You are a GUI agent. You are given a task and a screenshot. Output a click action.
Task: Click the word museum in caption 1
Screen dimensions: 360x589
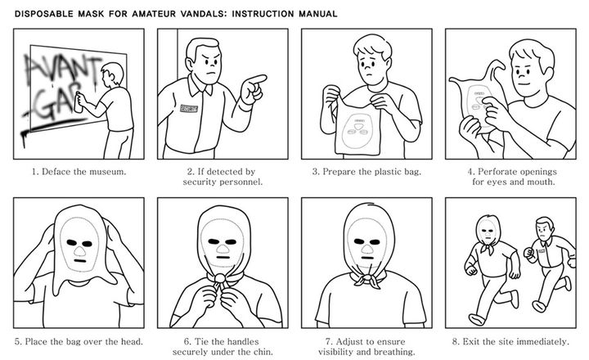[x=108, y=173]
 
